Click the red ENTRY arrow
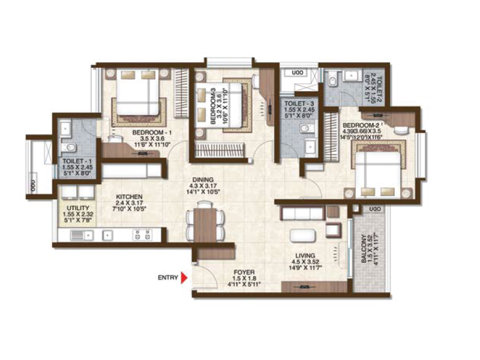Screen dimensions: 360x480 click(184, 278)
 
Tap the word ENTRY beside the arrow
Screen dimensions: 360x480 click(167, 278)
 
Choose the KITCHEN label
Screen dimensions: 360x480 click(129, 197)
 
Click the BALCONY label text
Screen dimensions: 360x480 click(366, 248)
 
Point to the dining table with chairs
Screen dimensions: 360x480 click(205, 224)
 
